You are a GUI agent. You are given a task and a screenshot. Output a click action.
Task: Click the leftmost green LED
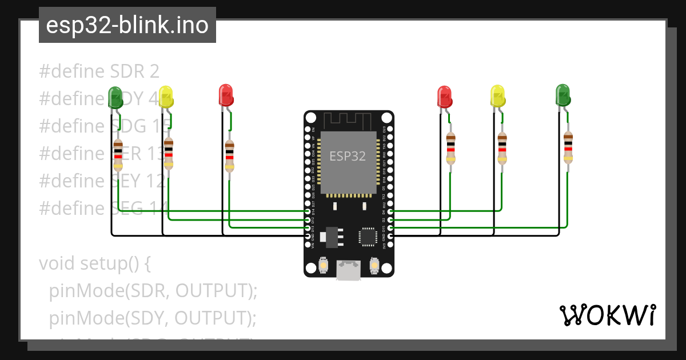pos(115,97)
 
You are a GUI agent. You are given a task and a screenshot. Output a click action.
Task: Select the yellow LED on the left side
pos(165,95)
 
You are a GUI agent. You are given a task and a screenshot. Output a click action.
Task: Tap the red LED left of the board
pos(226,95)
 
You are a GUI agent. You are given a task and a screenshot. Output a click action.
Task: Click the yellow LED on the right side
pos(498,95)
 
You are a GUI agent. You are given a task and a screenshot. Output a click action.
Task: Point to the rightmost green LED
pos(563,95)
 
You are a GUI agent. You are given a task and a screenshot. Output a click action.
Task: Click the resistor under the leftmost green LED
pos(118,154)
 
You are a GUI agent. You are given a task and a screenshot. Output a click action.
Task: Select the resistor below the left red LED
pos(229,155)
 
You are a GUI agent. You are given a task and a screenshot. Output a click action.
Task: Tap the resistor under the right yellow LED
pos(502,148)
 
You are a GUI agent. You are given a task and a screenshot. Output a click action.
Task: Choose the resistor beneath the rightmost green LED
pos(568,147)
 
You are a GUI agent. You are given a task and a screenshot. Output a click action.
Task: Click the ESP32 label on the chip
pos(347,155)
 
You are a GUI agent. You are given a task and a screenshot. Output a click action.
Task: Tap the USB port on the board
pos(349,270)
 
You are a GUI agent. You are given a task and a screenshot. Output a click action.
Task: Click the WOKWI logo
pos(607,315)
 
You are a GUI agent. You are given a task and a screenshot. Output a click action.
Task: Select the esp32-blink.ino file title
pos(127,25)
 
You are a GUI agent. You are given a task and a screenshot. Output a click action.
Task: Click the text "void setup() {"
pos(94,263)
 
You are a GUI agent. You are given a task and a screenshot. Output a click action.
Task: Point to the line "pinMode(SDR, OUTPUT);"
pos(153,290)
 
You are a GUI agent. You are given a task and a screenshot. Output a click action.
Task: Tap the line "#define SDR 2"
pos(99,71)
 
